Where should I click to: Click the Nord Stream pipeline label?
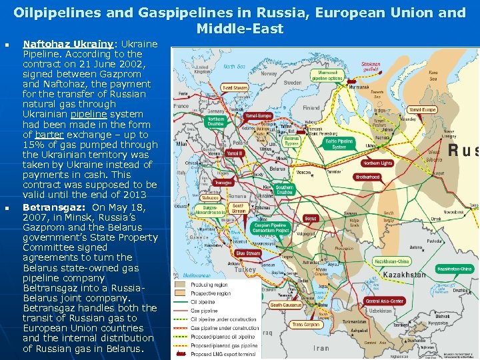[235, 88]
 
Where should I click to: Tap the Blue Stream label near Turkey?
[248, 253]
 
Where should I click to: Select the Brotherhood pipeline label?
[367, 177]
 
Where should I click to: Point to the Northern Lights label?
[378, 163]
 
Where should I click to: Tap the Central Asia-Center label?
[385, 301]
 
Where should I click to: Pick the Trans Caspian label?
[305, 325]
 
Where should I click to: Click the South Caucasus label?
[285, 305]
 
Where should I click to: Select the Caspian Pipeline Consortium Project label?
[270, 228]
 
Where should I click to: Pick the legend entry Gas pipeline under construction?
[225, 328]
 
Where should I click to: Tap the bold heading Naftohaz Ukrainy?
[61, 43]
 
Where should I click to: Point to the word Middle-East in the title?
[240, 29]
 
